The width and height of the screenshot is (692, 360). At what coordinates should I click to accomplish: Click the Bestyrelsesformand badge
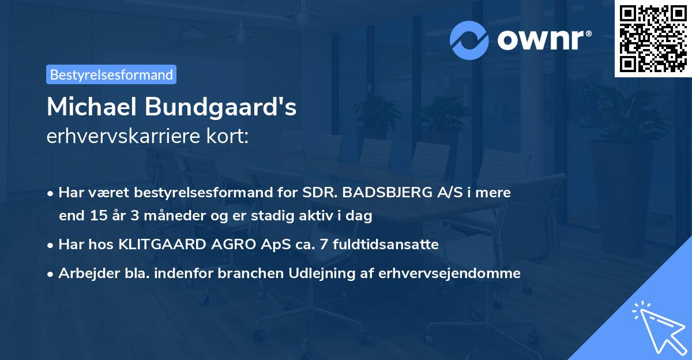(x=111, y=74)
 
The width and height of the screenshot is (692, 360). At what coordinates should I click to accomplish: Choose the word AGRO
(x=230, y=245)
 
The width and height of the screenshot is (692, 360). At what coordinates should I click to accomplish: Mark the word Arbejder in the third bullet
(x=84, y=273)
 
